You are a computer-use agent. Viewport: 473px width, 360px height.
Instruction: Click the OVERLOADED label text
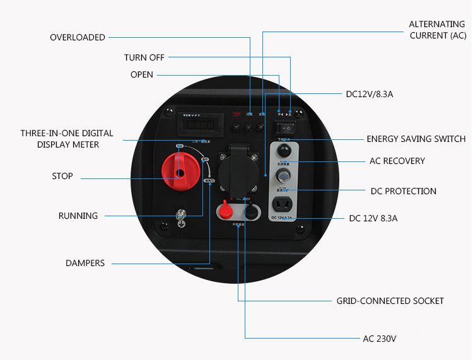pyautogui.click(x=78, y=38)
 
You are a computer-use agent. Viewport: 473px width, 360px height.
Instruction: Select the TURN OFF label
pyautogui.click(x=144, y=58)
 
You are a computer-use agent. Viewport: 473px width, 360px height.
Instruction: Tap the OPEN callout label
pyautogui.click(x=142, y=75)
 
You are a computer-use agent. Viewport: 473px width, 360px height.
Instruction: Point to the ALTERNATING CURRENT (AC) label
pyautogui.click(x=438, y=30)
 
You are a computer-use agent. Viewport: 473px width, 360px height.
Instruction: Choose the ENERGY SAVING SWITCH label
pyautogui.click(x=416, y=139)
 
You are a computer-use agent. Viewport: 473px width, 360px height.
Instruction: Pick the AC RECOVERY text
pyautogui.click(x=397, y=161)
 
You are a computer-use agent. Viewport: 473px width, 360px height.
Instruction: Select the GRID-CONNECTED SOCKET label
pyautogui.click(x=390, y=301)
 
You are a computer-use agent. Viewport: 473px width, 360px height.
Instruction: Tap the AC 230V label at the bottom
pyautogui.click(x=379, y=339)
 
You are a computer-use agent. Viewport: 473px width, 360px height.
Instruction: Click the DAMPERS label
pyautogui.click(x=85, y=263)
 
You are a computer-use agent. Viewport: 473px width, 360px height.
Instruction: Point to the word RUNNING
pyautogui.click(x=78, y=216)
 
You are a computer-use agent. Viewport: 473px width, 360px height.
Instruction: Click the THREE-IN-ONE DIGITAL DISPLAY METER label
pyautogui.click(x=67, y=139)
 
